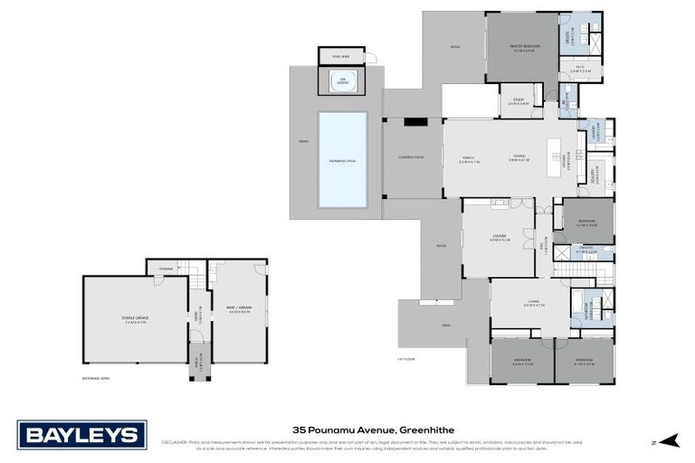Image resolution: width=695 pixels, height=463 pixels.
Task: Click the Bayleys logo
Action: point(81,435)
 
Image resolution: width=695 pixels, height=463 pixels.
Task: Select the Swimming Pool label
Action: point(342,160)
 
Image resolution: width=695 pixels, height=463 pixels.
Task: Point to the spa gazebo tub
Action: point(342,81)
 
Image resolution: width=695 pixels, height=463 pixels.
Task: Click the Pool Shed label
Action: point(341,57)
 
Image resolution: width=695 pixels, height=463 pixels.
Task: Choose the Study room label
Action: point(519,103)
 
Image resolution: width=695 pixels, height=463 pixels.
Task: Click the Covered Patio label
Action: point(412,157)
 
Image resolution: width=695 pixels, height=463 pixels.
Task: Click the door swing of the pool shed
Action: point(371,59)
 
